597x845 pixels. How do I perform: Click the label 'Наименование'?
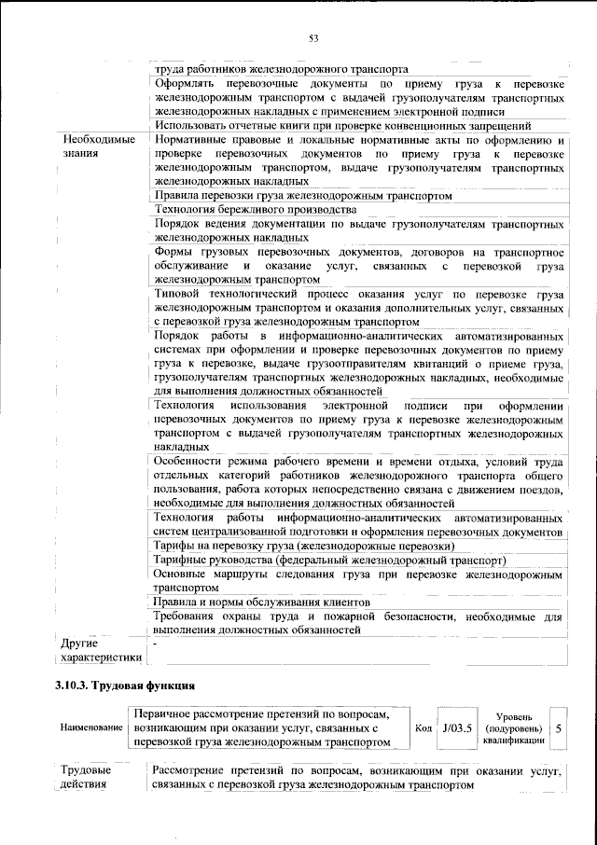tap(90, 727)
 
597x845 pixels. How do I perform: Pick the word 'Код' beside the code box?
tap(422, 727)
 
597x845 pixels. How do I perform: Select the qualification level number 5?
tap(558, 727)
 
